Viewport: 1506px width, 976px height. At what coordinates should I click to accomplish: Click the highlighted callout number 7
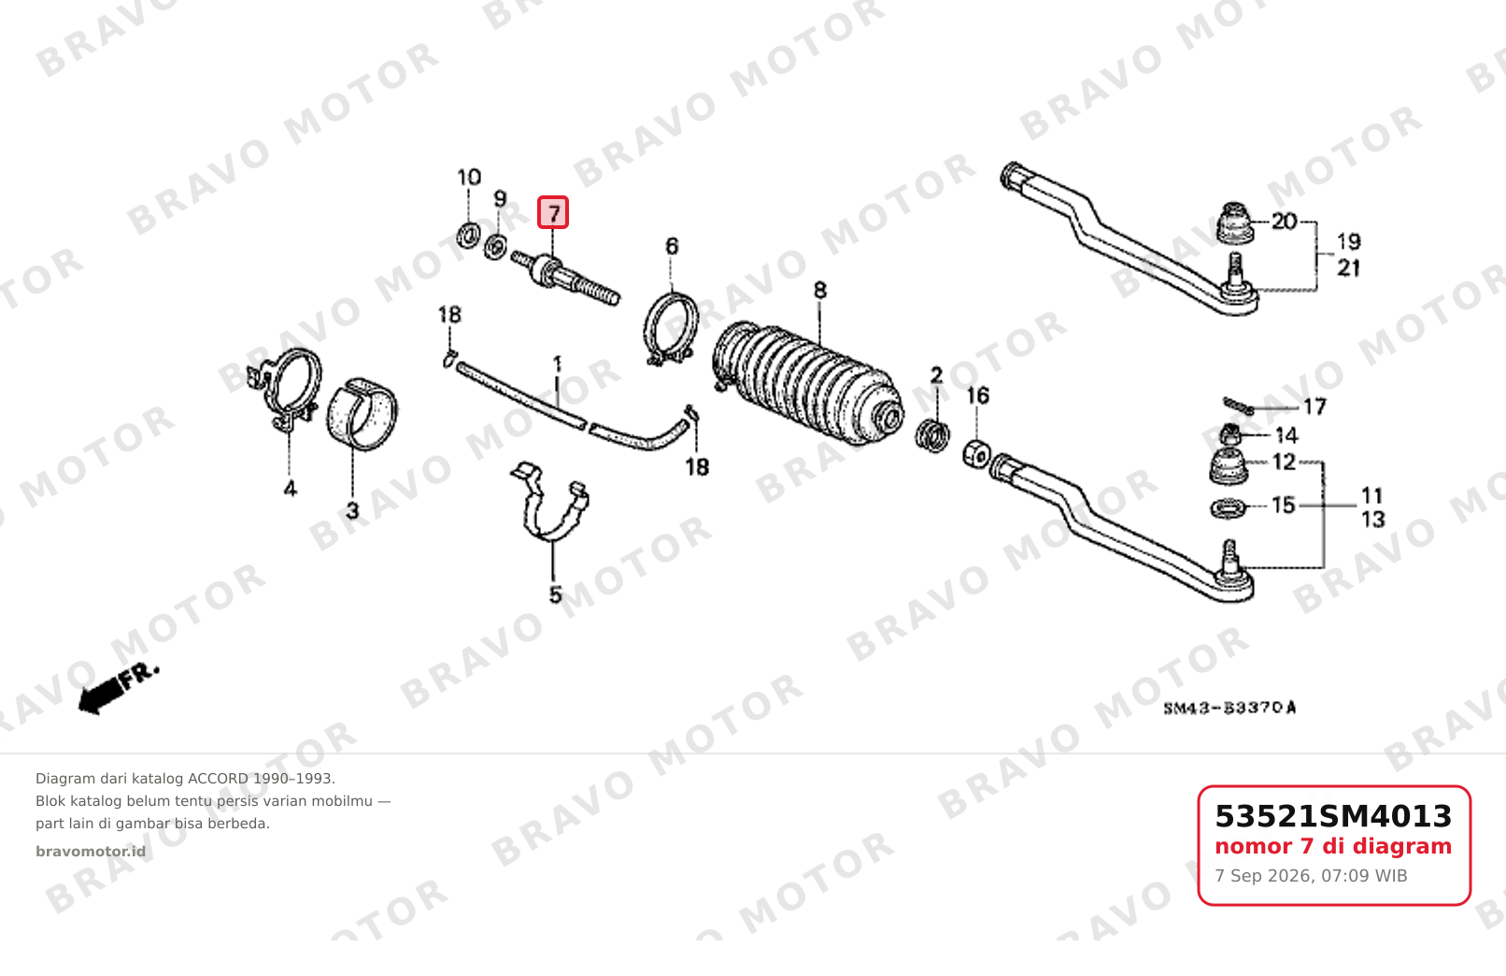pyautogui.click(x=553, y=212)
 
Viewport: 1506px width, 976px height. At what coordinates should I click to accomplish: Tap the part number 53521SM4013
pyautogui.click(x=1333, y=816)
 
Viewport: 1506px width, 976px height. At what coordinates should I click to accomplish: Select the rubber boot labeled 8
pyautogui.click(x=807, y=383)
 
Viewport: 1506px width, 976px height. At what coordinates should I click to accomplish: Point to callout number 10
pyautogui.click(x=469, y=178)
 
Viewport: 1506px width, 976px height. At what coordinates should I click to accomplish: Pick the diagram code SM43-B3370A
pyautogui.click(x=1229, y=709)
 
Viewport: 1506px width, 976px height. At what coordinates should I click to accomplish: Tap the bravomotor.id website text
pyautogui.click(x=91, y=852)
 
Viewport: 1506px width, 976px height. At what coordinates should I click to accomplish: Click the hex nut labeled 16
pyautogui.click(x=975, y=453)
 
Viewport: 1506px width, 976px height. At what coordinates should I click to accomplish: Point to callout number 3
pyautogui.click(x=352, y=511)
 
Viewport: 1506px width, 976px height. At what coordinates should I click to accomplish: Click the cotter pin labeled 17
pyautogui.click(x=1238, y=405)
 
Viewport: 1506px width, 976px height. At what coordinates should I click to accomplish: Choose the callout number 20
pyautogui.click(x=1285, y=222)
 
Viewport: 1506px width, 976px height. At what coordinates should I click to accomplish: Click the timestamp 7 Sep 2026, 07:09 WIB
pyautogui.click(x=1311, y=876)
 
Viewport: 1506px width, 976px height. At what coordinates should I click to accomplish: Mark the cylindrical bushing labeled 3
pyautogui.click(x=362, y=414)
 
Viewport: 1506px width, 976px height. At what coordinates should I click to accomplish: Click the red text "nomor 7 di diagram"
pyautogui.click(x=1333, y=846)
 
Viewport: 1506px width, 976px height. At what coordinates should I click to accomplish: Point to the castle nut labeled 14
pyautogui.click(x=1230, y=435)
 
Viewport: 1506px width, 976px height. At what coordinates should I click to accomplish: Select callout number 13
pyautogui.click(x=1373, y=519)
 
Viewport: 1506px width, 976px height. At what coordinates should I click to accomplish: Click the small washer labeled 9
pyautogui.click(x=495, y=246)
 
